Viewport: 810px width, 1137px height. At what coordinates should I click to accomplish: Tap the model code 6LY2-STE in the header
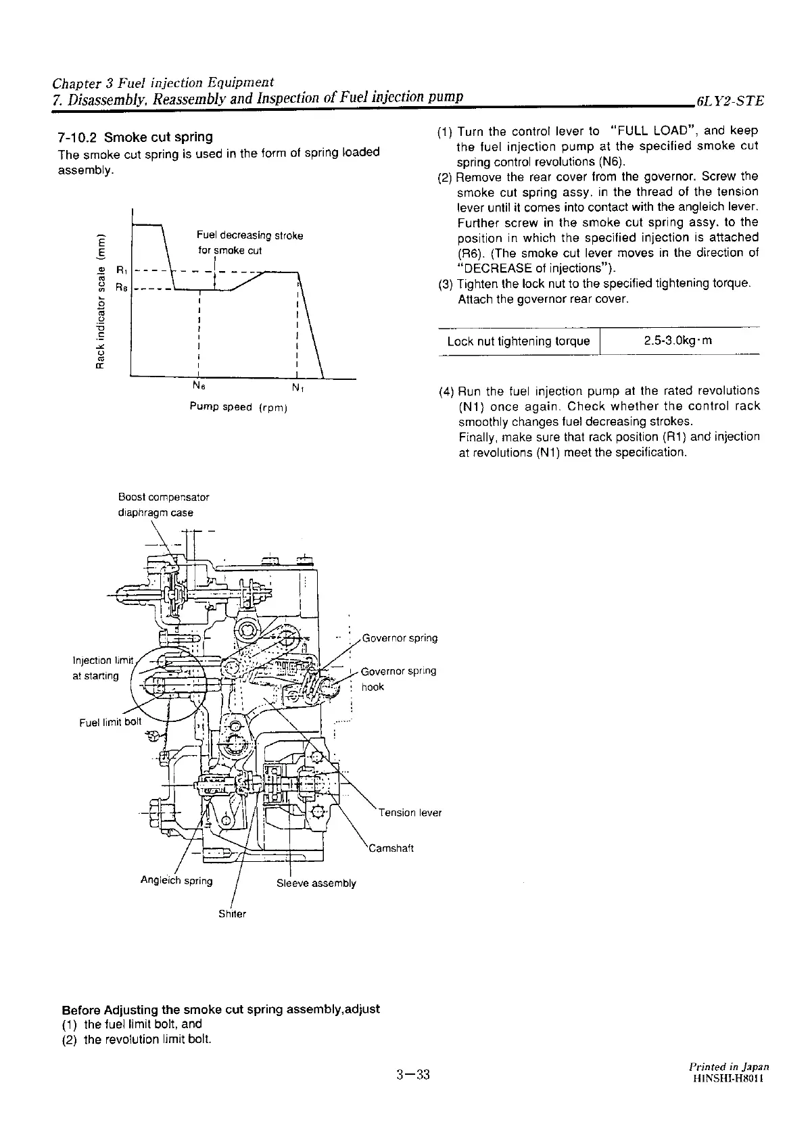[725, 101]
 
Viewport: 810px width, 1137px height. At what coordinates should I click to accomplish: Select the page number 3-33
[413, 1075]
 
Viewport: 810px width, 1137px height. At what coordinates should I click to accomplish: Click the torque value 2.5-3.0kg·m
[678, 341]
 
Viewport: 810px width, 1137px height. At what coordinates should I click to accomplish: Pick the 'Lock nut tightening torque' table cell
[519, 341]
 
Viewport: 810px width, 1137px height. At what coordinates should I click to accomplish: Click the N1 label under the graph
[297, 388]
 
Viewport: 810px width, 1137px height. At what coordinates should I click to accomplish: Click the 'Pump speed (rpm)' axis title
[239, 407]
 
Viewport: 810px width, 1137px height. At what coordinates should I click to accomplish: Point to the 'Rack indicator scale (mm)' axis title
[101, 298]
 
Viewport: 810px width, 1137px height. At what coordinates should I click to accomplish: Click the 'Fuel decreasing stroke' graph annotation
[249, 235]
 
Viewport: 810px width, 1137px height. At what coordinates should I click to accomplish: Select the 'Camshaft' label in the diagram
[390, 848]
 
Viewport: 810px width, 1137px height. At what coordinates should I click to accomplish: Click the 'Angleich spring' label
[176, 881]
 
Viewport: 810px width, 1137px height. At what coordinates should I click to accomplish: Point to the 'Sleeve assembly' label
[316, 884]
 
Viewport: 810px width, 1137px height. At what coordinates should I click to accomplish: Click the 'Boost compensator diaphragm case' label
[163, 504]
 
